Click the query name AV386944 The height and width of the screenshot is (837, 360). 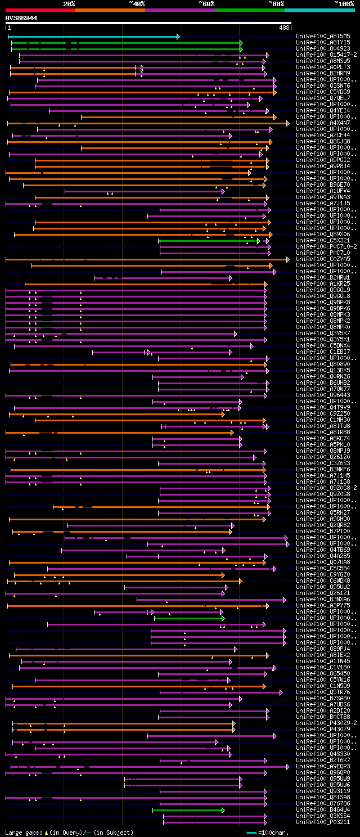click(21, 18)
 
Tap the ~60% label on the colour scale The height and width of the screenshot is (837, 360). click(206, 4)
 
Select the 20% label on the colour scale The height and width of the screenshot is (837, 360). click(69, 4)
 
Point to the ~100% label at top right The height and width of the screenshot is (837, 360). click(344, 4)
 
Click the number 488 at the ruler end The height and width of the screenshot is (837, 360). click(284, 27)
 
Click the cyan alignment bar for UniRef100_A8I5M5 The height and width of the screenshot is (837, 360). click(93, 37)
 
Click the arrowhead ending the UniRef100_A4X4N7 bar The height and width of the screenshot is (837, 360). click(287, 123)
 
